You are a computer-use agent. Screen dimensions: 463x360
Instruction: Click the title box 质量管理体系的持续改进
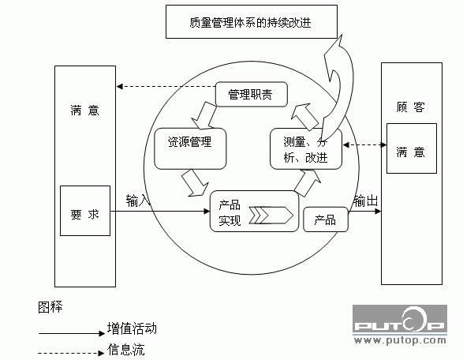[x=252, y=21]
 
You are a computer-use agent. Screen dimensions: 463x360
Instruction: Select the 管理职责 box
[x=252, y=94]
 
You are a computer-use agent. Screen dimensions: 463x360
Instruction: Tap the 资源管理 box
[x=190, y=148]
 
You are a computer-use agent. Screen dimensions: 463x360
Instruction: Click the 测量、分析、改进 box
[x=306, y=148]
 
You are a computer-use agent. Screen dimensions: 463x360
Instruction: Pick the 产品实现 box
[x=254, y=211]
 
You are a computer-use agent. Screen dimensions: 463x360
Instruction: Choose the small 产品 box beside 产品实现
[x=326, y=219]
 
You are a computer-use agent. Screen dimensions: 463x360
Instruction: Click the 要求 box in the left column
[x=85, y=211]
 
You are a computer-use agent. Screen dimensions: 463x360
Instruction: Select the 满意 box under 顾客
[x=412, y=148]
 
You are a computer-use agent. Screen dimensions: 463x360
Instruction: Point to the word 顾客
[x=410, y=107]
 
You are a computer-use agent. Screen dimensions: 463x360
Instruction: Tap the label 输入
[x=138, y=201]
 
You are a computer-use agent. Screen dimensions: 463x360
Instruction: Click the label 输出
[x=365, y=201]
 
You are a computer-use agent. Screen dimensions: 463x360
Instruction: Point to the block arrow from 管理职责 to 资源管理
[x=204, y=116]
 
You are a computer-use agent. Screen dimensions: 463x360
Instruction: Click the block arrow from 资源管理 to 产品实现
[x=195, y=182]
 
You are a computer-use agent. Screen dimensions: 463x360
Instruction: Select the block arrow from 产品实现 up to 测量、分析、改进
[x=308, y=183]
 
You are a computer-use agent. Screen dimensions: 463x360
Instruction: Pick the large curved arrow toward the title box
[x=338, y=88]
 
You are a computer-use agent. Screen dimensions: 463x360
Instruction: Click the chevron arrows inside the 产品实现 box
[x=271, y=216]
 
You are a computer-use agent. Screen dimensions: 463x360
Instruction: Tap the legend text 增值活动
[x=132, y=328]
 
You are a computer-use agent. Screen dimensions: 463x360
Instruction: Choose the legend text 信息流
[x=125, y=350]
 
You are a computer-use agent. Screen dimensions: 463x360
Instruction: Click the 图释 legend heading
[x=50, y=307]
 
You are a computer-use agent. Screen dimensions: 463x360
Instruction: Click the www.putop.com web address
[x=400, y=340]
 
